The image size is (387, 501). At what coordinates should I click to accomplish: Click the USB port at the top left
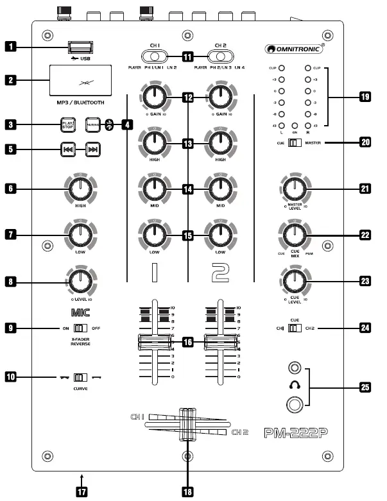(x=76, y=46)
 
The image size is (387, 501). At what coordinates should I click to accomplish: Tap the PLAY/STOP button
(x=68, y=124)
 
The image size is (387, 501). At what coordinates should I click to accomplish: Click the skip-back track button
(x=67, y=150)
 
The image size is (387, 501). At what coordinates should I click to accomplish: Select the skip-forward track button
(x=92, y=150)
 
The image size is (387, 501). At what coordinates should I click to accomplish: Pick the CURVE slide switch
(x=80, y=377)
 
